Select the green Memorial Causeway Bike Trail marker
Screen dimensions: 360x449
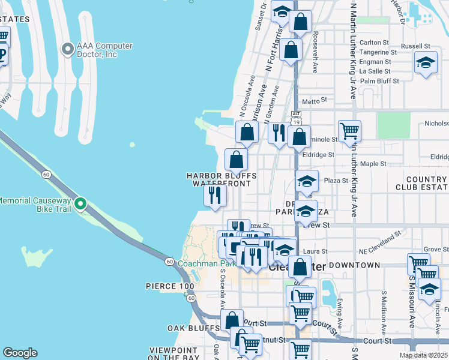coord(80,205)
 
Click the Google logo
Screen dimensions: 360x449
coord(20,353)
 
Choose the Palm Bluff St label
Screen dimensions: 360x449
coord(375,80)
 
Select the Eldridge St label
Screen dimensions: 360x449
coord(318,154)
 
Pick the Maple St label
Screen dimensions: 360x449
coord(373,163)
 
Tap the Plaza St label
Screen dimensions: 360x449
coord(336,180)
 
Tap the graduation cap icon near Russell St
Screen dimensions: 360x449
coord(426,62)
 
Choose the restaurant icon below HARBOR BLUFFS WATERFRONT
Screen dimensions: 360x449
coord(214,195)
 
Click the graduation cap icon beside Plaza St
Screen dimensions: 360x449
coord(306,182)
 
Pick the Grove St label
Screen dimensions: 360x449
coord(432,248)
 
